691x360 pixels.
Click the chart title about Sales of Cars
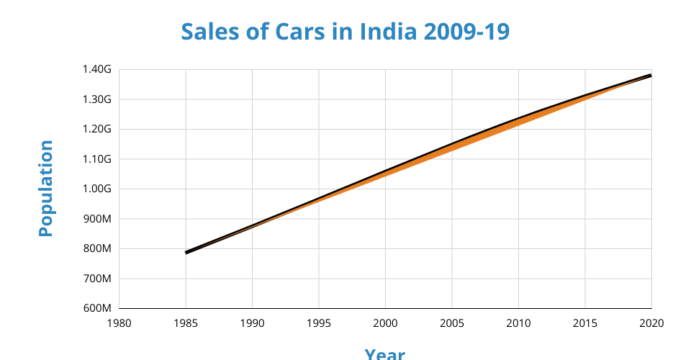coord(345,32)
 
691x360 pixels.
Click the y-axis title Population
coord(46,189)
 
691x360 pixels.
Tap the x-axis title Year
coord(384,354)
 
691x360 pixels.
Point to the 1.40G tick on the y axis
coord(98,69)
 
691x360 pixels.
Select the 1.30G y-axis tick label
coord(98,99)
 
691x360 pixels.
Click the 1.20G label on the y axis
coord(98,129)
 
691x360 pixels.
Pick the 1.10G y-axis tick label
coord(98,159)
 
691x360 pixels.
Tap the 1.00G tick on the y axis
coord(98,189)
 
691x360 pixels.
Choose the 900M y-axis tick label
coord(98,219)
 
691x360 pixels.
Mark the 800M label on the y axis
coord(98,248)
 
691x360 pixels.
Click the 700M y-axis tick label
coord(98,279)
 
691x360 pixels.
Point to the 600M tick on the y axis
coord(98,308)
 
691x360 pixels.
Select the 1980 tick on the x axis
coord(119,322)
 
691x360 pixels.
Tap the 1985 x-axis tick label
coord(186,322)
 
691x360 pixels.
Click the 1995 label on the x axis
coord(319,322)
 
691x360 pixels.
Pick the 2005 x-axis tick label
coord(452,322)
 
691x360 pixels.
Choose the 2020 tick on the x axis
coord(651,322)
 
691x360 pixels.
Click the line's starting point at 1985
coord(186,253)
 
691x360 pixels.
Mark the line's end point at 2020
coord(651,75)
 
